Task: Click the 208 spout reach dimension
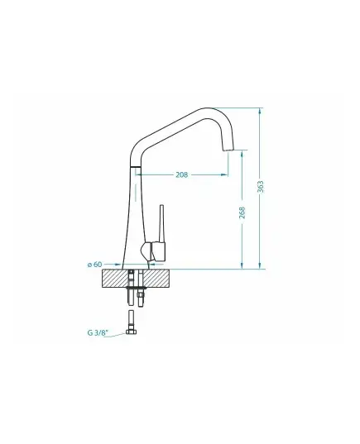click(182, 174)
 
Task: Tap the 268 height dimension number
click(242, 212)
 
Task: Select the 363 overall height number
click(260, 187)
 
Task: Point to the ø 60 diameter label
click(94, 265)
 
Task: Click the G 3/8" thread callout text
click(98, 332)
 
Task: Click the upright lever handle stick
click(162, 223)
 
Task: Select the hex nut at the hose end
click(131, 332)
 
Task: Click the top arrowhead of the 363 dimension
click(260, 111)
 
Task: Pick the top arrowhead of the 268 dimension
click(242, 154)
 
